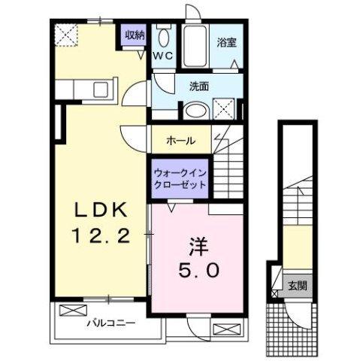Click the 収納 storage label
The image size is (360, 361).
tap(135, 35)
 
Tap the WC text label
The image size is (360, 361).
tap(163, 56)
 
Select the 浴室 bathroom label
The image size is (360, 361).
tap(227, 41)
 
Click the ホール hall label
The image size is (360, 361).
tap(181, 140)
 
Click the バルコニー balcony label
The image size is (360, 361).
tap(109, 324)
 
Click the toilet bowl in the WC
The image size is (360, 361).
tap(164, 38)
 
